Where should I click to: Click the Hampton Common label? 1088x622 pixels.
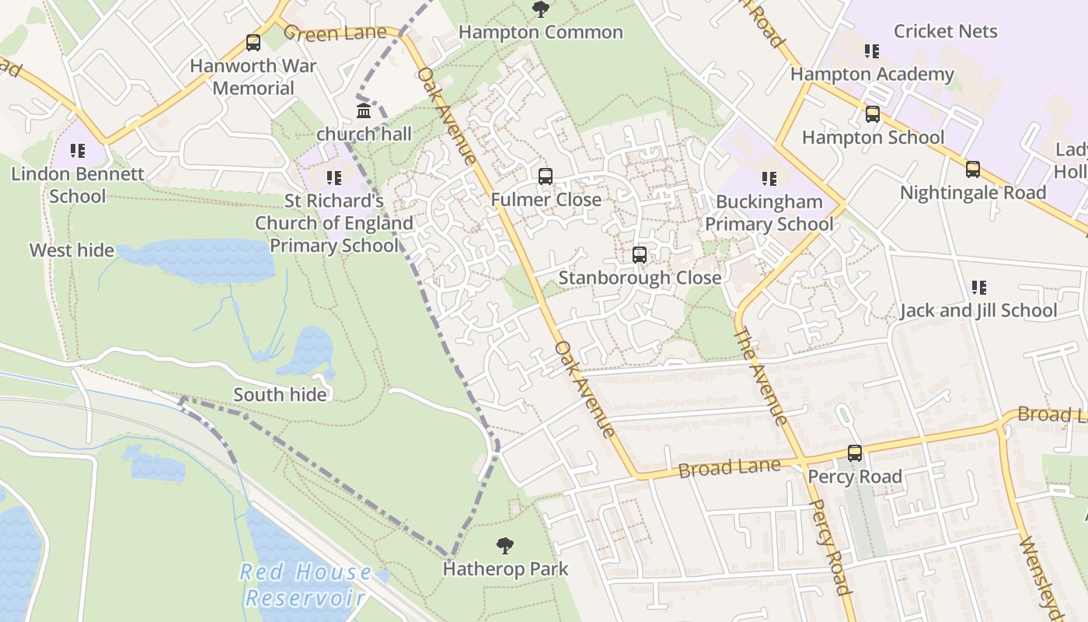click(540, 33)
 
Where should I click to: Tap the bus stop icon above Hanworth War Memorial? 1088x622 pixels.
click(253, 43)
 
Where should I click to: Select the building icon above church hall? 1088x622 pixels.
click(364, 110)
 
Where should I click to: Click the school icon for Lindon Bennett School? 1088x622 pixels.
click(77, 151)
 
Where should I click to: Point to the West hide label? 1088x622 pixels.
click(71, 250)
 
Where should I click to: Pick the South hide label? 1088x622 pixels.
click(280, 395)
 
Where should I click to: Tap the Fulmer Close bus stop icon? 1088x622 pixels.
click(546, 176)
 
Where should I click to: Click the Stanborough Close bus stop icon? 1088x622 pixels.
click(640, 255)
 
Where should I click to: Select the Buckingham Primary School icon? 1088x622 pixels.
click(769, 179)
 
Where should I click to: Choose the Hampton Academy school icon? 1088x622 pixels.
click(872, 51)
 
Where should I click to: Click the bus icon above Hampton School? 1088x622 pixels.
click(873, 115)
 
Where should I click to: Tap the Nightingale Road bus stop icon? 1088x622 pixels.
click(973, 169)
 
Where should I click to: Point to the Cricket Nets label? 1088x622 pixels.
click(945, 31)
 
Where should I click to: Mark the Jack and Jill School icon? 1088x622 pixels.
click(978, 288)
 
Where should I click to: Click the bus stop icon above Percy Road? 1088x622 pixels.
click(855, 453)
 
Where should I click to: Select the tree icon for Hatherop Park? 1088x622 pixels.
click(505, 546)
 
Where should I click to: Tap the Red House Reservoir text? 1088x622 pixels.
click(305, 585)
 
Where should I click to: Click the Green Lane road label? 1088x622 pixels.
click(335, 33)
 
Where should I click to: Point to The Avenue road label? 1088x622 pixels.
click(760, 377)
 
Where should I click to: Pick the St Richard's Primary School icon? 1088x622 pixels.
click(333, 178)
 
